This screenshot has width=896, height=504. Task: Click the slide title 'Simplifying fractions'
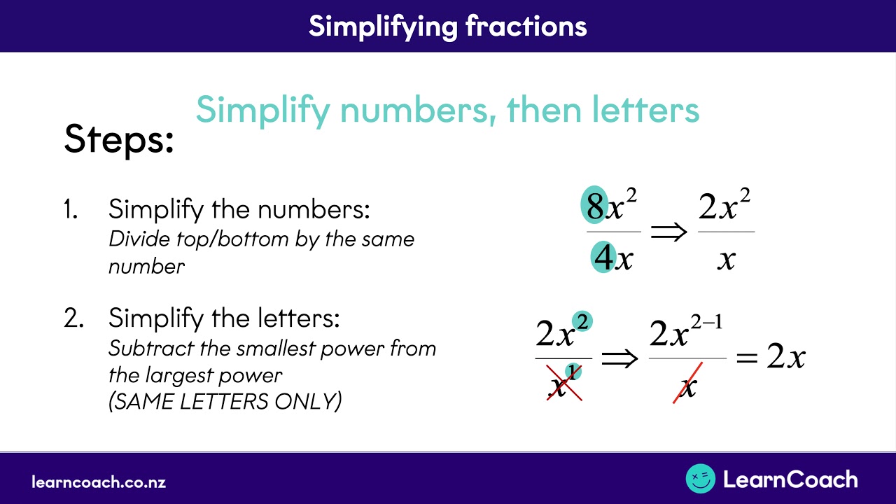[447, 26]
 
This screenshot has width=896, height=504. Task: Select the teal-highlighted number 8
[595, 206]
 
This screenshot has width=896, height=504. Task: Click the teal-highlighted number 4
[603, 258]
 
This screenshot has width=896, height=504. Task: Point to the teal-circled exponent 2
[582, 321]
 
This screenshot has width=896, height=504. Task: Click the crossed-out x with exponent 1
[563, 384]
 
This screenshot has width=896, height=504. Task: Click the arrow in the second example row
[620, 358]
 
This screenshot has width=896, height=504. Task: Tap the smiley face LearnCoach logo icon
[700, 479]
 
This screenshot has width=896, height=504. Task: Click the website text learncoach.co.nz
[99, 482]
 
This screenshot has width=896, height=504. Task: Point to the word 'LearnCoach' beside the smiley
[790, 479]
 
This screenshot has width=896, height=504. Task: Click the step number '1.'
[71, 209]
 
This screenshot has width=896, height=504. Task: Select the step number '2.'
[73, 319]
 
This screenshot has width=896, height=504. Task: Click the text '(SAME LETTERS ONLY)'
[225, 402]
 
